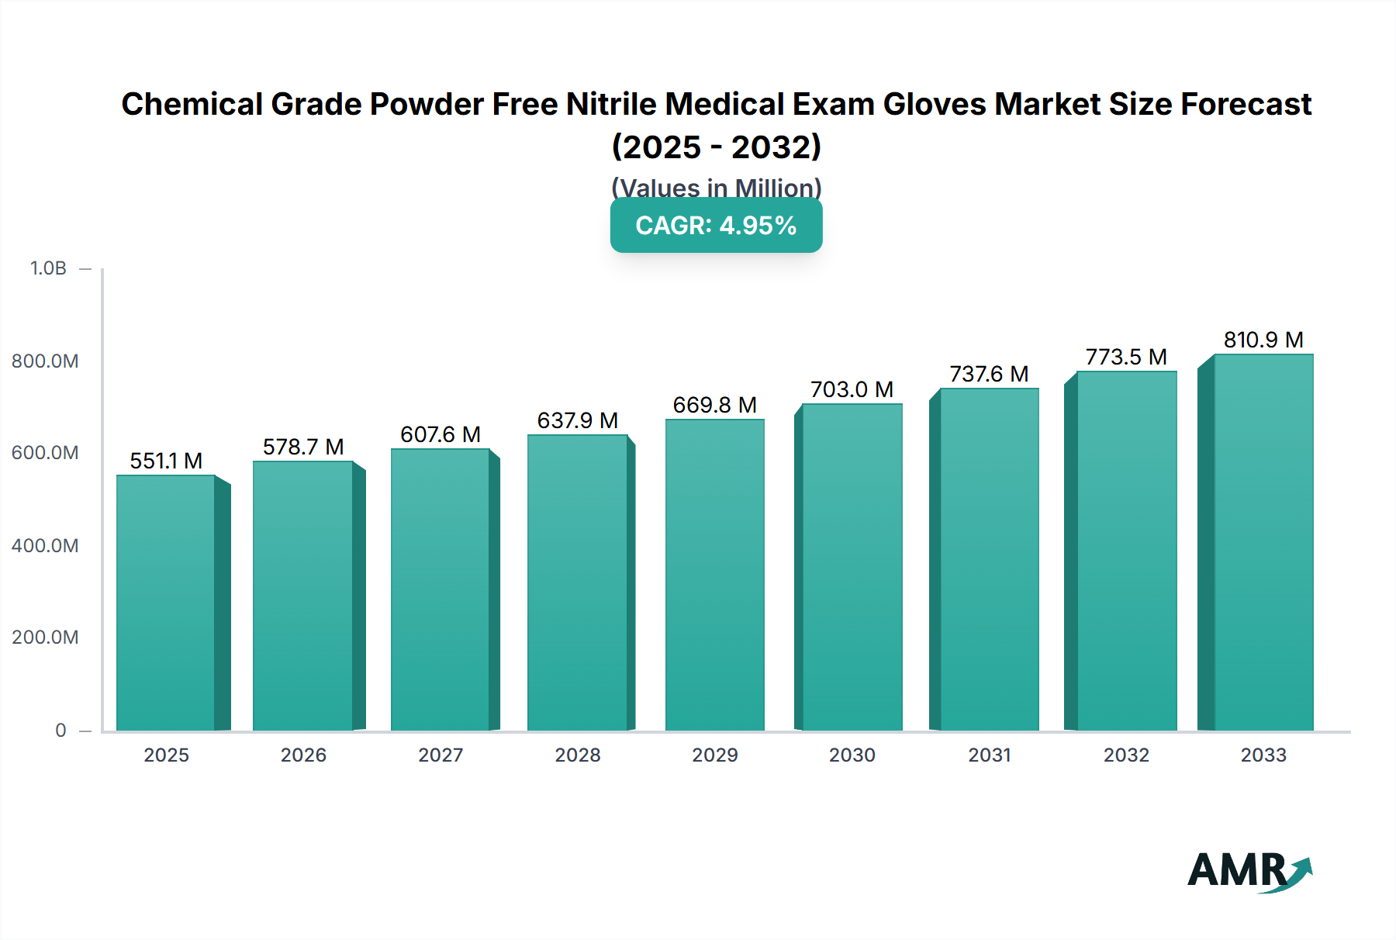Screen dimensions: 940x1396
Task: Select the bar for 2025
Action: coord(166,603)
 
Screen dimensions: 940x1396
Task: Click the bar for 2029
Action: coord(714,575)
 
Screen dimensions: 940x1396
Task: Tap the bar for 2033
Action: coord(1263,542)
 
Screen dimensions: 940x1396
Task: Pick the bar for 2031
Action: coord(989,559)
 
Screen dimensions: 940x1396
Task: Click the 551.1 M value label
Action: coord(166,461)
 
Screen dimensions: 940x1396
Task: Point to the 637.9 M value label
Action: coord(577,420)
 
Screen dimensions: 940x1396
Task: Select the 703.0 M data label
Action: coord(852,389)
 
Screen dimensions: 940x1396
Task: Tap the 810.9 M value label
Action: coord(1263,340)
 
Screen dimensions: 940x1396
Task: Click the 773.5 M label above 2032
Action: coord(1125,357)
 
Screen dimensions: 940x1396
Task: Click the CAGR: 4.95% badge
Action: coord(716,226)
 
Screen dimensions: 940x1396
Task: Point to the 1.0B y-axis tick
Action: coord(48,268)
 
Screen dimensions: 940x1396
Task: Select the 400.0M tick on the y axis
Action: coord(45,545)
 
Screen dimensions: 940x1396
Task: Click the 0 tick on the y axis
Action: coord(60,730)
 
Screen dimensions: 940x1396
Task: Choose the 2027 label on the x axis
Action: coord(441,755)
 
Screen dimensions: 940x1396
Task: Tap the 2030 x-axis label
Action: coord(852,755)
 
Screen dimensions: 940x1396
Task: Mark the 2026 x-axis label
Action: coord(303,755)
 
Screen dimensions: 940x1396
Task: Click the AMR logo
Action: coord(1249,871)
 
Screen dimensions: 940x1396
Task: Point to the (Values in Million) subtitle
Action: coord(716,187)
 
